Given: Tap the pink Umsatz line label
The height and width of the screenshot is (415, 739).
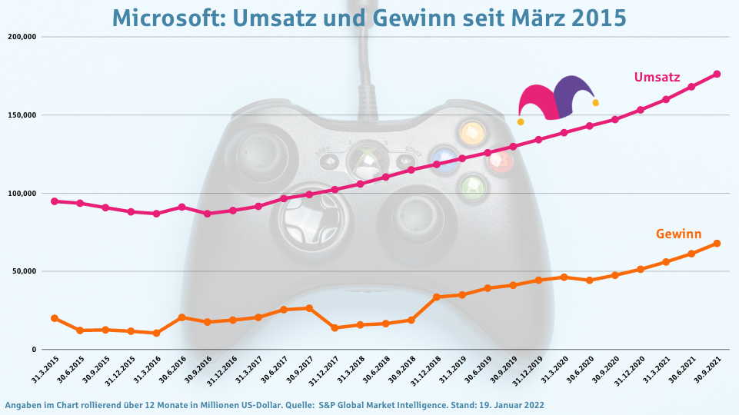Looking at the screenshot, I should pyautogui.click(x=657, y=77).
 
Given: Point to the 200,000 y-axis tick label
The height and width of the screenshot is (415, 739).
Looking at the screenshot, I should pyautogui.click(x=22, y=37).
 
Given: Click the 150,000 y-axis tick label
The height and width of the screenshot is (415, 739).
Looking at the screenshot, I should pyautogui.click(x=22, y=115).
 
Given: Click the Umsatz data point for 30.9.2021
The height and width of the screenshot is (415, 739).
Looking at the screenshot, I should pyautogui.click(x=717, y=74).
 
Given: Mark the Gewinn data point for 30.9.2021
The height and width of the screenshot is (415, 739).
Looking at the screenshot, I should pyautogui.click(x=717, y=244).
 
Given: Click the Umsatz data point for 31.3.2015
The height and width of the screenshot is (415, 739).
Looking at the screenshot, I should pyautogui.click(x=55, y=201).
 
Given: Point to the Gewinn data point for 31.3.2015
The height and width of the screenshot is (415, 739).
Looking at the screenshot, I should pyautogui.click(x=55, y=318).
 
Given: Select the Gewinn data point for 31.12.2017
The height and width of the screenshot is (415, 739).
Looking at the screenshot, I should pyautogui.click(x=335, y=328).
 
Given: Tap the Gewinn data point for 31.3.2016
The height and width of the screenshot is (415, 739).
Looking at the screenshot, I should pyautogui.click(x=156, y=333).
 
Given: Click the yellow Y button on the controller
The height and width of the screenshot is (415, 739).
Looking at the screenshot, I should pyautogui.click(x=471, y=132).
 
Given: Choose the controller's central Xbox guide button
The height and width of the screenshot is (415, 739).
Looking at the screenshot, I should pyautogui.click(x=368, y=161).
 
